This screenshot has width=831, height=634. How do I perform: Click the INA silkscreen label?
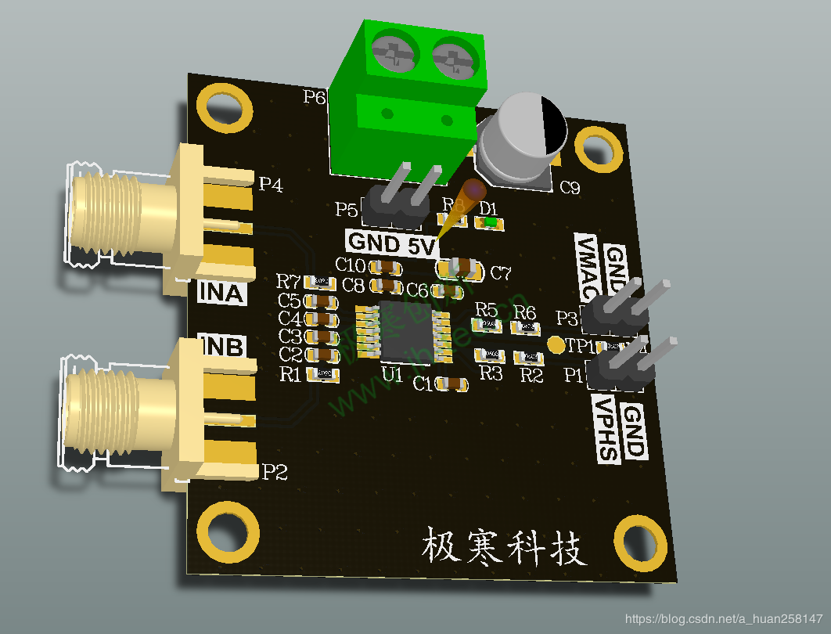221,293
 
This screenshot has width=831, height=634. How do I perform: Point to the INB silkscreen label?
221,346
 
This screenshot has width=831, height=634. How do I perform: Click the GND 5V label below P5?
391,243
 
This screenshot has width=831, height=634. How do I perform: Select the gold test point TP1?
556,344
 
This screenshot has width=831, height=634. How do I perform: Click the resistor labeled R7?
320,281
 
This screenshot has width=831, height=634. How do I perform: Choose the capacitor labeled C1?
453,384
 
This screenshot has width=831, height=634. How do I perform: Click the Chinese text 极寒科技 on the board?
505,546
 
